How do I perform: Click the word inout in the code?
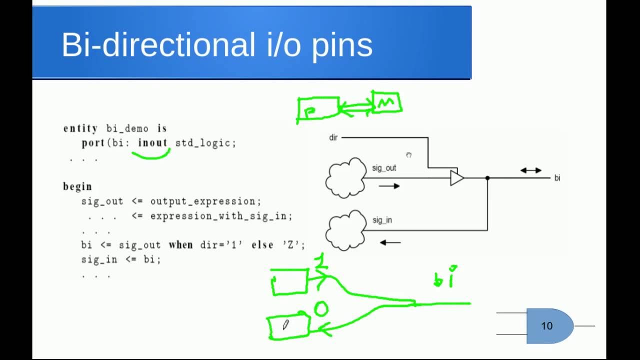click(x=152, y=143)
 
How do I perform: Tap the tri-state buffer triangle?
click(x=456, y=178)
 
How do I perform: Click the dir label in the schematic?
click(x=333, y=137)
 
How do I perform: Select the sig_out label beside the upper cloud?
click(x=384, y=168)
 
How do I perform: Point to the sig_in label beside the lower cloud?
click(x=382, y=220)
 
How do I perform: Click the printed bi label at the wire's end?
click(x=557, y=178)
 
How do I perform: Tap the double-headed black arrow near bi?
click(x=530, y=170)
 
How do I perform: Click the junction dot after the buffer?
click(x=487, y=178)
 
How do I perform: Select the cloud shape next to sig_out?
click(x=345, y=178)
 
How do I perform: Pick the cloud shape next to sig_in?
click(x=345, y=230)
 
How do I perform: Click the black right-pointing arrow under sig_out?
click(x=389, y=186)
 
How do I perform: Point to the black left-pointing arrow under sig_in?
click(x=390, y=243)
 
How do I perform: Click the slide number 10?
click(x=546, y=326)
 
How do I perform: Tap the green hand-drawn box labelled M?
click(x=386, y=102)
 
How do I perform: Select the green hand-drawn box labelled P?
click(x=318, y=109)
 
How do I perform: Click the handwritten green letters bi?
click(x=445, y=277)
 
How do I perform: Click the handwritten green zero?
click(x=320, y=309)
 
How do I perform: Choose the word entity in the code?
click(x=80, y=128)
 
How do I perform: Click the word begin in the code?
click(x=77, y=186)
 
